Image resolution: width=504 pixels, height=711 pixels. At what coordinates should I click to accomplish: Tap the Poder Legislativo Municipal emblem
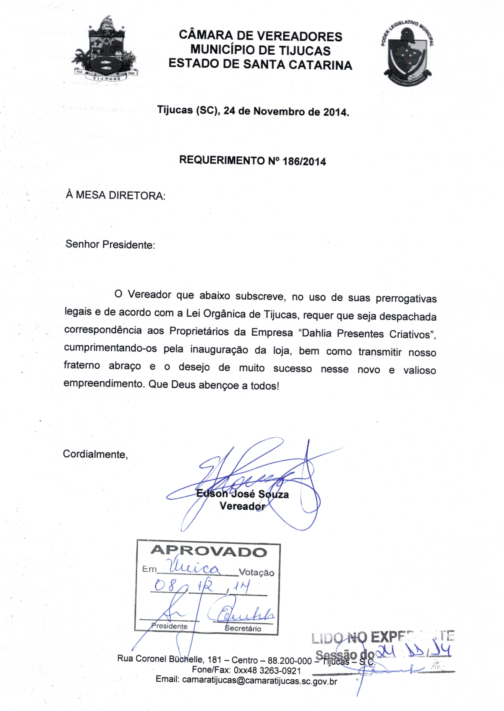pos(407,55)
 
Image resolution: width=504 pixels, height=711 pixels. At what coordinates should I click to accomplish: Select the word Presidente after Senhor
pos(128,245)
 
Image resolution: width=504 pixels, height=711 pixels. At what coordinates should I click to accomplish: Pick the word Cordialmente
pos(95,454)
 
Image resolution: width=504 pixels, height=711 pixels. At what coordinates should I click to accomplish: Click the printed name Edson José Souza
pos(242,494)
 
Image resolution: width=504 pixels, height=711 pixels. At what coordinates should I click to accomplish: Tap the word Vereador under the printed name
pos(242,507)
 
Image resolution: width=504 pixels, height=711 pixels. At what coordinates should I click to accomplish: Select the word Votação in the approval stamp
pos(256,572)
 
